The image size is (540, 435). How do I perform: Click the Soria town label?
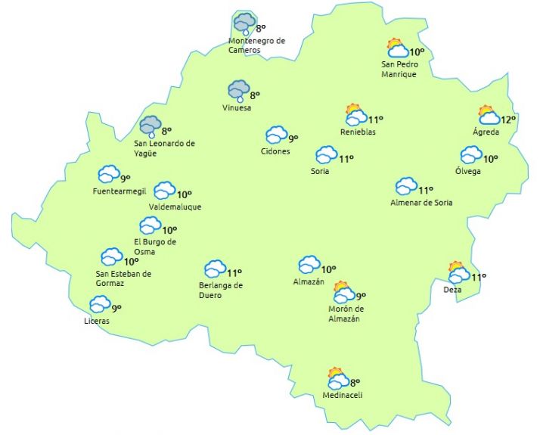pos(320,171)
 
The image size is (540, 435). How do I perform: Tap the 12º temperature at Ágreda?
pos(507,120)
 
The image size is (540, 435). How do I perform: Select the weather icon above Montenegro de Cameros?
pos(244,23)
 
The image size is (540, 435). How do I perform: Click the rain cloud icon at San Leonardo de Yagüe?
pos(151,126)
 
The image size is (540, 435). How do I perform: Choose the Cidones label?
pos(275,151)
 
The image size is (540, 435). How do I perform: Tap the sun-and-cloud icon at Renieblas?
pos(355,115)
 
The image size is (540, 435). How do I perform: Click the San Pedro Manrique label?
pos(399,70)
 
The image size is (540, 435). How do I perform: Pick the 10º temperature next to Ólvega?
pos(491,159)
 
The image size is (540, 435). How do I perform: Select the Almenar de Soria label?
pos(421,203)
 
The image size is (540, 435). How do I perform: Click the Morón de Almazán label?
pos(346,314)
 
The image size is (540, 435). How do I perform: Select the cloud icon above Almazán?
pos(309,264)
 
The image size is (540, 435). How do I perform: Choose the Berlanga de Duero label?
pos(221,291)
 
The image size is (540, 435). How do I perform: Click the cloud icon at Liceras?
pos(100,304)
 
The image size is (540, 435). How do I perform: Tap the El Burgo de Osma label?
pos(154,247)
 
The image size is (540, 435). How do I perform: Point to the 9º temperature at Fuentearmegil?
pos(126,179)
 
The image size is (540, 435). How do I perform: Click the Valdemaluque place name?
pos(175,207)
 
